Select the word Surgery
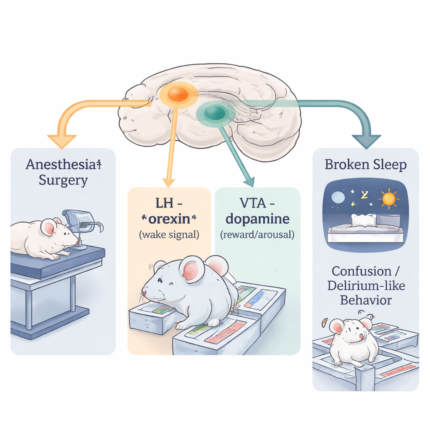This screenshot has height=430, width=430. tap(63, 181)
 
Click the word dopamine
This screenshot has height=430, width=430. tap(257, 220)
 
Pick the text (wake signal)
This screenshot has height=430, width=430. tap(169, 235)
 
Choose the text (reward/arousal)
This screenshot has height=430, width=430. tap(257, 235)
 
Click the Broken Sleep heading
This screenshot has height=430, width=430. tap(365, 165)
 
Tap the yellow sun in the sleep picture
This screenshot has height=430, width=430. tap(389, 199)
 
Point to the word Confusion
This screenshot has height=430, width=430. tap(361, 271)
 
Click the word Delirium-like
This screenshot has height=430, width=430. tap(365, 286)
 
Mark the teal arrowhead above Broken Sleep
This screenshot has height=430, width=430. tap(366, 142)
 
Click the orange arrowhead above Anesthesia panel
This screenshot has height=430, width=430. tap(62, 141)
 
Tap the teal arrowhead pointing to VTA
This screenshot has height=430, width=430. tap(249, 181)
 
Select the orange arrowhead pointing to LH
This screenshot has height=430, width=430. tap(168, 182)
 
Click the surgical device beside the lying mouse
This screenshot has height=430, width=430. tap(80, 223)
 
